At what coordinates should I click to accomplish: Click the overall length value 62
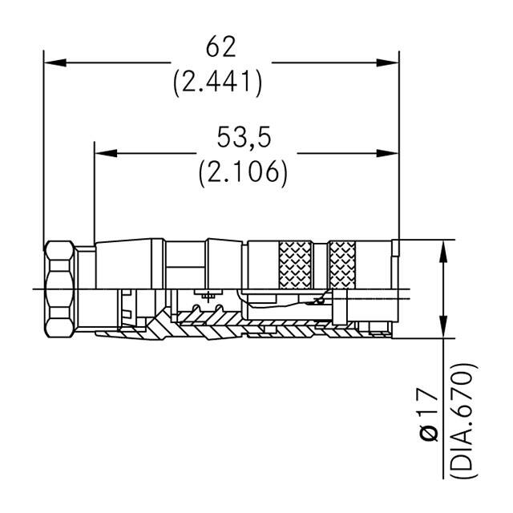tap(220, 48)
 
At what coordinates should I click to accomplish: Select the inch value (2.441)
tap(218, 82)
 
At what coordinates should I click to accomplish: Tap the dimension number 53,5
tap(244, 138)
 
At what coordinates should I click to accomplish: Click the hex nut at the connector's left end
tap(61, 289)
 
